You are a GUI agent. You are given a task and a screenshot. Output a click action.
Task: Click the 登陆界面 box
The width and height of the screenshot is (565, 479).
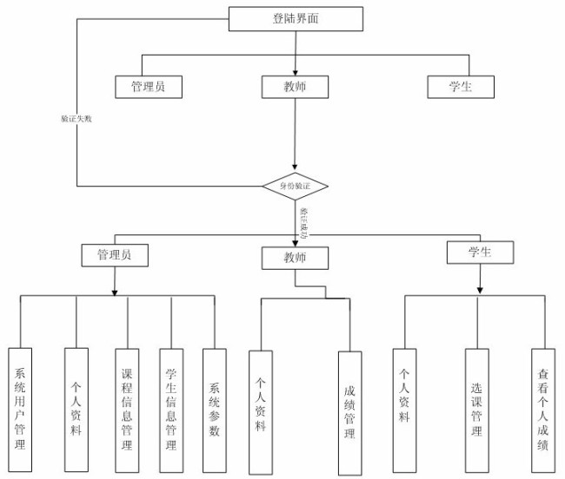coord(296,18)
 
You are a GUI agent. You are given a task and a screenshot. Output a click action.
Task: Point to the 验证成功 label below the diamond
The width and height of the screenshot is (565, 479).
coord(303,221)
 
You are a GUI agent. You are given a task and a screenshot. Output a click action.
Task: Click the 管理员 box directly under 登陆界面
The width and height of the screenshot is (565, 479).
coord(149,87)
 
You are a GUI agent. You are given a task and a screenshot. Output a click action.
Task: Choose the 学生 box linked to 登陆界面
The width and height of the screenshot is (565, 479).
coord(462,87)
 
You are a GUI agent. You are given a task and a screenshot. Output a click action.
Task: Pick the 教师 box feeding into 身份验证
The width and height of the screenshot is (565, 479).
coord(295,87)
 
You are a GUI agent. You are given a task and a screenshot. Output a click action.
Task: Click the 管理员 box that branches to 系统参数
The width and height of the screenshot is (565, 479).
coord(114,255)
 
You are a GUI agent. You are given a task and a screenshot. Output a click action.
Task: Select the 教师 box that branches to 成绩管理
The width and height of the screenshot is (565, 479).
coord(295,258)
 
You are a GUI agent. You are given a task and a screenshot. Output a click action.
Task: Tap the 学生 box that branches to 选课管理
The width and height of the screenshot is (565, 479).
coord(480,253)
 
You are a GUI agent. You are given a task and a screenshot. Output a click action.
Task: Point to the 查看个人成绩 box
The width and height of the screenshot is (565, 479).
coord(543,410)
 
